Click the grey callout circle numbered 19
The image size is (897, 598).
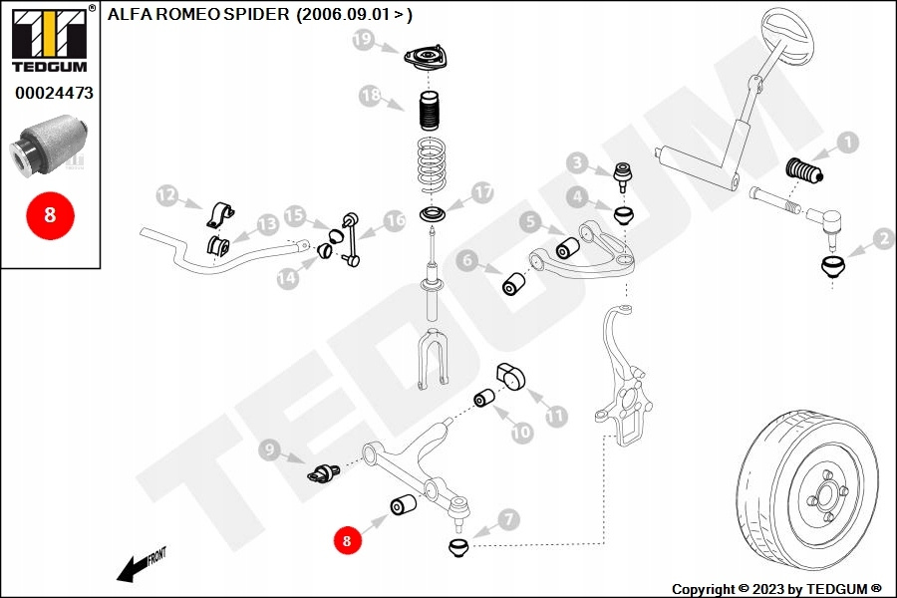pyautogui.click(x=362, y=40)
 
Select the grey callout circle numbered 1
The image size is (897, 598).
pyautogui.click(x=846, y=143)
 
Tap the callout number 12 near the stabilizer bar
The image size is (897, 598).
pyautogui.click(x=165, y=195)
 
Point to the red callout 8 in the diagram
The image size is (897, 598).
pyautogui.click(x=347, y=540)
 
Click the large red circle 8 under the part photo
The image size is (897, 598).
pyautogui.click(x=50, y=214)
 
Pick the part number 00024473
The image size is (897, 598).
pyautogui.click(x=54, y=94)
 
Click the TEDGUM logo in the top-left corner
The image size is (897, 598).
pyautogui.click(x=48, y=38)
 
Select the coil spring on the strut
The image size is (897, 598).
pyautogui.click(x=436, y=164)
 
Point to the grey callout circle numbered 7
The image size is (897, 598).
pyautogui.click(x=508, y=518)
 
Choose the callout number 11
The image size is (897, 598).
pyautogui.click(x=554, y=416)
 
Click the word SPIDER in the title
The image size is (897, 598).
pyautogui.click(x=253, y=15)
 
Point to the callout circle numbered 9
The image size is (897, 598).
pyautogui.click(x=268, y=449)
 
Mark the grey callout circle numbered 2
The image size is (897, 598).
pyautogui.click(x=883, y=239)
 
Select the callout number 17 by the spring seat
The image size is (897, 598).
pyautogui.click(x=482, y=192)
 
